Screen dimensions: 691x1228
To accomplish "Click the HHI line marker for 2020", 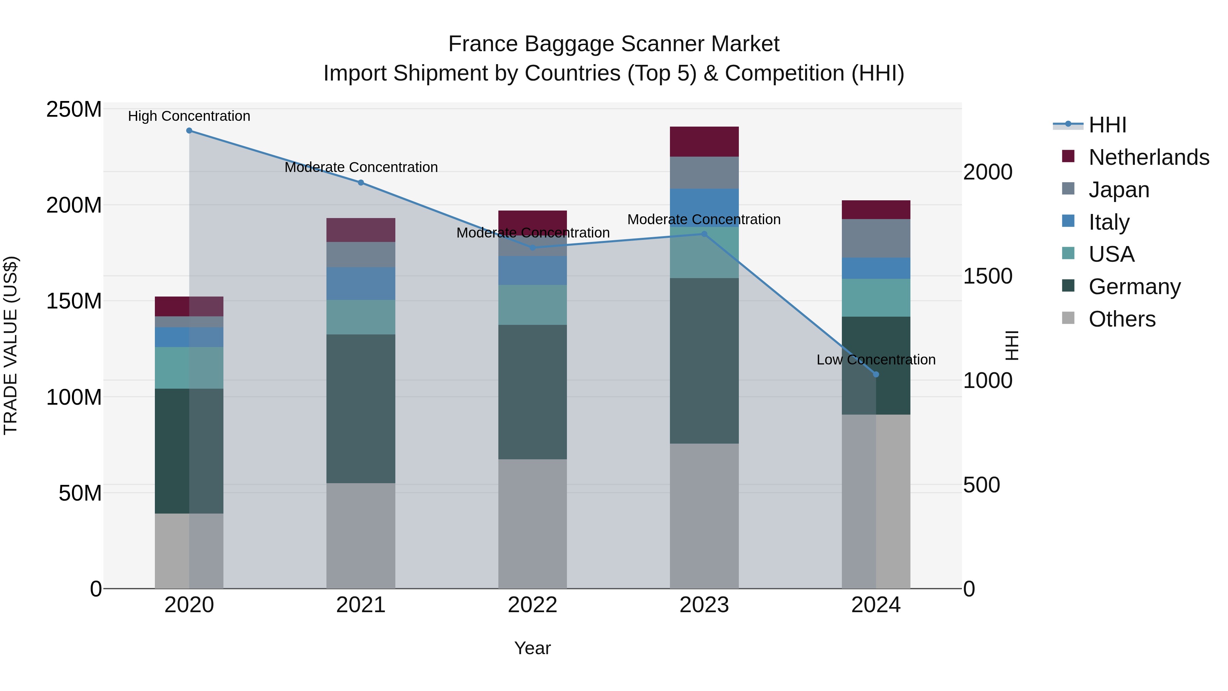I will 189,131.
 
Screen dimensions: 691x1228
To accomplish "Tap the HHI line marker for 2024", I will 876,374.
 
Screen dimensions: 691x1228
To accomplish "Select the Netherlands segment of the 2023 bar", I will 704,142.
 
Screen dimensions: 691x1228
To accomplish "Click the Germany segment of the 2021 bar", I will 361,409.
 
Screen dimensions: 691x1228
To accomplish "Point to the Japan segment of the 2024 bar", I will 876,239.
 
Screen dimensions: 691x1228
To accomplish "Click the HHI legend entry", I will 1107,125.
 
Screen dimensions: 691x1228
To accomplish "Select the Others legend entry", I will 1122,319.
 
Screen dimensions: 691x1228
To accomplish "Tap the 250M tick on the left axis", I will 74,110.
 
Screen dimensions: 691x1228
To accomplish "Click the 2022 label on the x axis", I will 532,605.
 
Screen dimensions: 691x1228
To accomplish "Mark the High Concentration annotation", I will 189,116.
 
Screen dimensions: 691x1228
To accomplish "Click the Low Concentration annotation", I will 876,360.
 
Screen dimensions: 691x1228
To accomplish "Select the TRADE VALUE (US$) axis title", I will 11,345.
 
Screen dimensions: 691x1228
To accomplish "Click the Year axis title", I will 532,648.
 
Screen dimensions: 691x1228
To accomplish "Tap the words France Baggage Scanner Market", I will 614,44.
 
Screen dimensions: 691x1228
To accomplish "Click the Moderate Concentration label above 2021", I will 361,168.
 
